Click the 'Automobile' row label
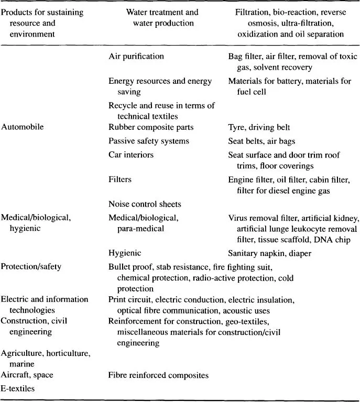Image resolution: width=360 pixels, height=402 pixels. (x=23, y=127)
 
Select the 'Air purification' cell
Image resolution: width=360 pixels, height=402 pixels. (x=136, y=56)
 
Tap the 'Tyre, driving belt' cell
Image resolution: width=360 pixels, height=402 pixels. (x=258, y=127)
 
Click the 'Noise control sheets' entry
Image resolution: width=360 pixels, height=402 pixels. (x=145, y=204)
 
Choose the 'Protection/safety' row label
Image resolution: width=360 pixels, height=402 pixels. (x=31, y=266)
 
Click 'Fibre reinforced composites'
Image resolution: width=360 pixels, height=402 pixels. (x=158, y=375)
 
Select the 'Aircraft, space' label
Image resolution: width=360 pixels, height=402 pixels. (x=27, y=375)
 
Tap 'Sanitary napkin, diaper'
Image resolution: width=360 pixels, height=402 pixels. (x=270, y=253)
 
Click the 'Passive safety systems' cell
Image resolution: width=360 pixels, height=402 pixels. (x=149, y=141)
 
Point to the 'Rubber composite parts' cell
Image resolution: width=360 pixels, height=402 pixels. (x=151, y=127)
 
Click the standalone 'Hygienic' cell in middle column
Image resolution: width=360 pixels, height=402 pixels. (x=125, y=253)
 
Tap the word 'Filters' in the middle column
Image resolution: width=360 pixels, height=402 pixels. (x=120, y=180)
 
